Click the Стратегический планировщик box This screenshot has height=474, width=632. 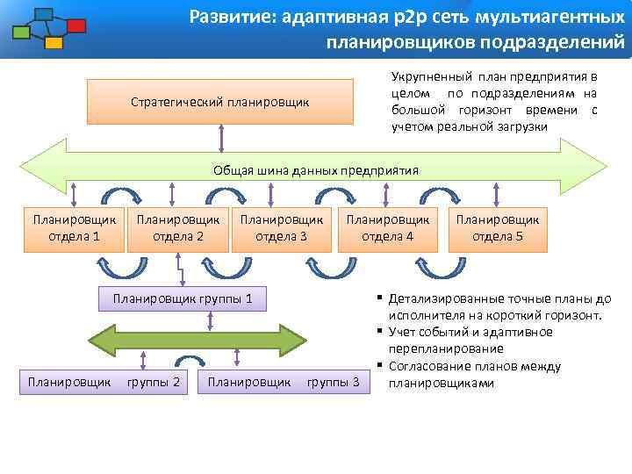point(219,101)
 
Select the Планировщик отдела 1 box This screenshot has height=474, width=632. point(74,228)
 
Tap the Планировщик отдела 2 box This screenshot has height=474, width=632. point(178,228)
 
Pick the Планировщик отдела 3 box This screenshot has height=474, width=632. point(281,228)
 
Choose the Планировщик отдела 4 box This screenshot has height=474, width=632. point(388,228)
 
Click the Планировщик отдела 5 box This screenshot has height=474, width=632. point(498,228)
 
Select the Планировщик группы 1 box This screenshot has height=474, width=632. point(183,299)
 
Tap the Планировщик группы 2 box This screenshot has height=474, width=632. point(104,382)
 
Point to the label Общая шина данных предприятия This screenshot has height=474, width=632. point(316,170)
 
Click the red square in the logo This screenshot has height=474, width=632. point(76,25)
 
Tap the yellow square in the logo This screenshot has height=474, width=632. point(54,42)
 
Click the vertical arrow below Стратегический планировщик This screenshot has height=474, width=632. point(221,137)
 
